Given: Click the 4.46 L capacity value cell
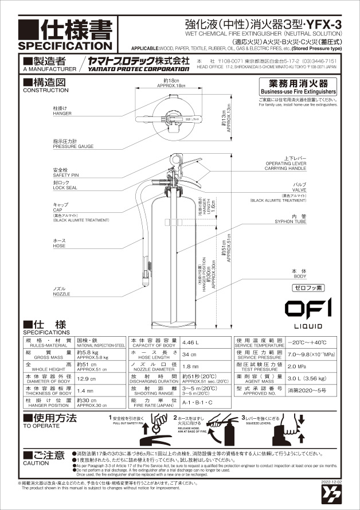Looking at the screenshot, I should click(x=191, y=342).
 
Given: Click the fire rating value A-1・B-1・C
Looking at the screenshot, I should click(x=197, y=402).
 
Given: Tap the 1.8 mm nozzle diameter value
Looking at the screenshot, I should click(x=190, y=366).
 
